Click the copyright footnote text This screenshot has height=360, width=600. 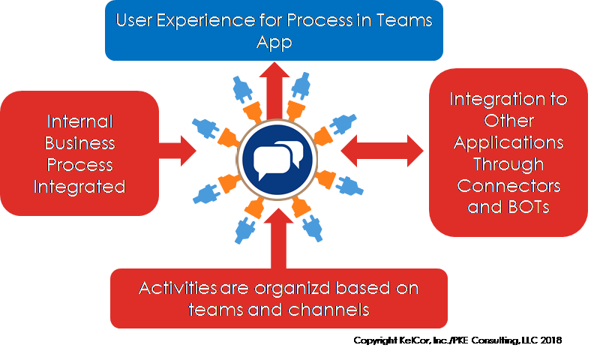[x=457, y=340]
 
